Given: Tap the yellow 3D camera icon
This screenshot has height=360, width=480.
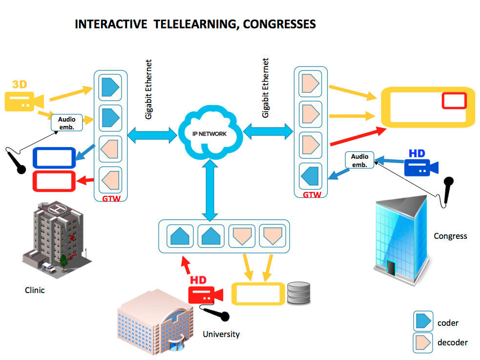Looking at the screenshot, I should [x=23, y=99].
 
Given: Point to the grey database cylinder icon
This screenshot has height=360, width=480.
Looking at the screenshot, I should [x=298, y=293].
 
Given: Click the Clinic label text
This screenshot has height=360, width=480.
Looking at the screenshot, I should [x=35, y=290].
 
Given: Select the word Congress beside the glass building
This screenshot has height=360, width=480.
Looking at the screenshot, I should [x=450, y=236].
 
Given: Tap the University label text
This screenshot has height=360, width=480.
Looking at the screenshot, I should [x=221, y=334].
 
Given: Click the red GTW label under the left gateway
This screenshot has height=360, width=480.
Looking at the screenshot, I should [x=110, y=199].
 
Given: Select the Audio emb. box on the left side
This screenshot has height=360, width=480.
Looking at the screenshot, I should [x=66, y=122].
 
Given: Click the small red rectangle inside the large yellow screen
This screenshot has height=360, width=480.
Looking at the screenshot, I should [x=454, y=101].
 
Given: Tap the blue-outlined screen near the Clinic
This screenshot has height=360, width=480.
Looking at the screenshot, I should [x=54, y=158].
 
